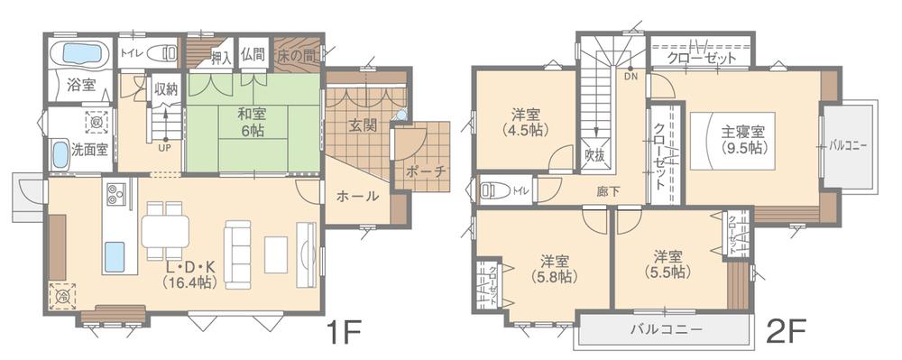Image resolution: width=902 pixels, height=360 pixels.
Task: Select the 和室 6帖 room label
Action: coord(253,122)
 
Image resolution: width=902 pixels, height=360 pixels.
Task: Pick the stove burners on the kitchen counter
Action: coord(117,193)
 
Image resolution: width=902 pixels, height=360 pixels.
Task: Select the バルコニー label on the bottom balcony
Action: coord(666,329)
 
